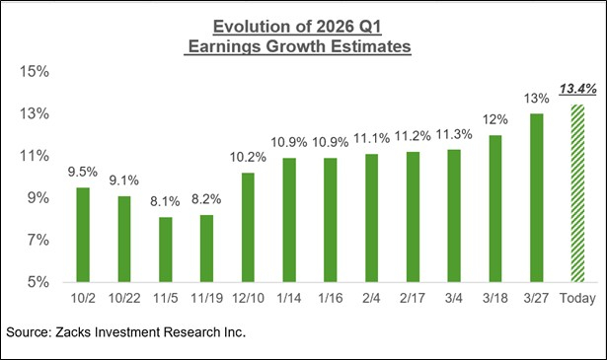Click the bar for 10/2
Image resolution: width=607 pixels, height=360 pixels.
click(x=83, y=235)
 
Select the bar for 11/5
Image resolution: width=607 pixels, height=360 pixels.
click(x=165, y=250)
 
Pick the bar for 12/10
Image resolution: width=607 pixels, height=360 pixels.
click(x=248, y=228)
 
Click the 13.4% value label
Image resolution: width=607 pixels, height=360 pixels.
click(x=578, y=90)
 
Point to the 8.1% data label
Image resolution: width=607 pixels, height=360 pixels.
click(x=165, y=202)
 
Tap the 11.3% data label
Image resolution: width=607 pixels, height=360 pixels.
click(x=454, y=135)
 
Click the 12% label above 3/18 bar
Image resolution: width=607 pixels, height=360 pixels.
click(x=495, y=120)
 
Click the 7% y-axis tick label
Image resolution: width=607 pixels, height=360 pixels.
click(x=39, y=241)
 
